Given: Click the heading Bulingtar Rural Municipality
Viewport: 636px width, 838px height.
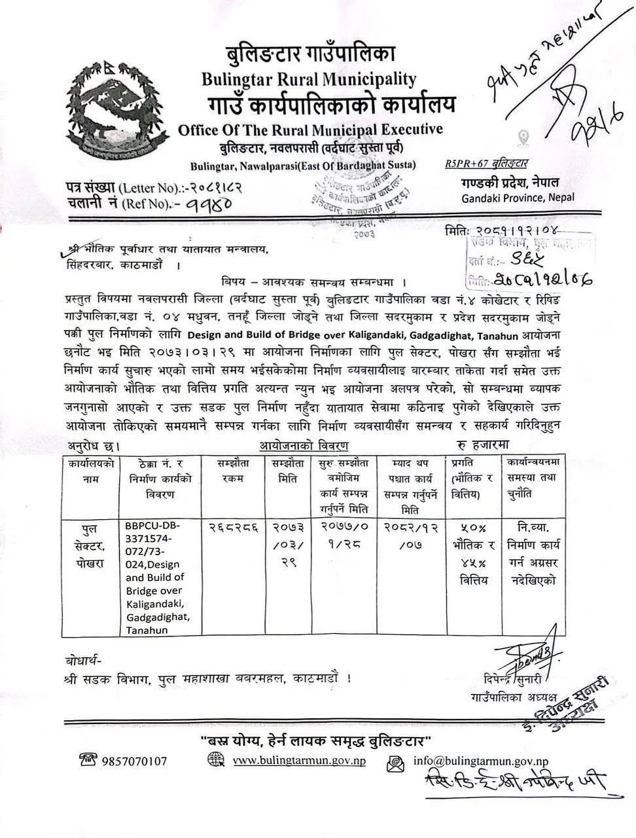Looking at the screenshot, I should (x=309, y=79).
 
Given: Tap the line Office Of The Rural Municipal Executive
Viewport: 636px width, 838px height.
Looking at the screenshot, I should (x=310, y=130).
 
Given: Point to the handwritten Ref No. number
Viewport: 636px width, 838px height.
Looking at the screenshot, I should (x=203, y=206).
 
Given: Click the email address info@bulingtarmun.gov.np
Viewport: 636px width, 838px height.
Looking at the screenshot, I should (x=481, y=761).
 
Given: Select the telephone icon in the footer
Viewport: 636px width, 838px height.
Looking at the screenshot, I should (x=88, y=760).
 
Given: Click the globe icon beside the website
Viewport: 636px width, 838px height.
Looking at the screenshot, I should (x=215, y=760).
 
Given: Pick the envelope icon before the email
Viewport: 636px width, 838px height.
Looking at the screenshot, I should (x=395, y=761).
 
